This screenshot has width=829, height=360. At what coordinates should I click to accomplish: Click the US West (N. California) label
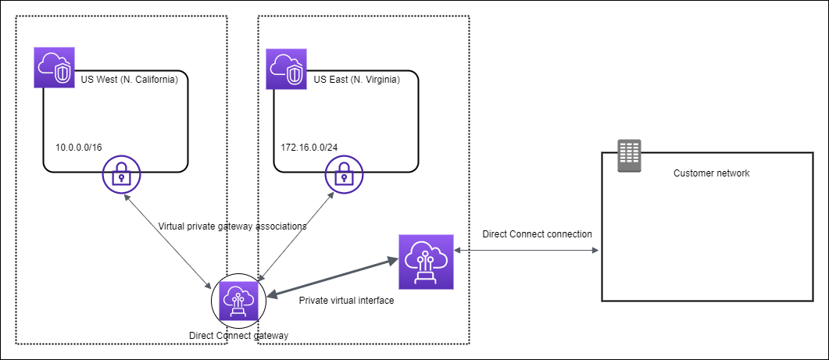(130, 80)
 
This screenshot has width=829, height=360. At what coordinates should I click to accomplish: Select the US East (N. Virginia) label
(356, 80)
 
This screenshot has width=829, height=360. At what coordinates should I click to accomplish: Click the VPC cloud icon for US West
(55, 69)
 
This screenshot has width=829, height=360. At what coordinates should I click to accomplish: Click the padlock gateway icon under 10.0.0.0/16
(121, 176)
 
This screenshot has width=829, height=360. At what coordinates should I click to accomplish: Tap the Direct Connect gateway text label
(239, 335)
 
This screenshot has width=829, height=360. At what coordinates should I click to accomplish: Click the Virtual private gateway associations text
(232, 226)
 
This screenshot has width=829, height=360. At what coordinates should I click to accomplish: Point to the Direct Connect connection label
(537, 233)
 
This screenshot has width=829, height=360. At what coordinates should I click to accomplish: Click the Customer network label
(711, 173)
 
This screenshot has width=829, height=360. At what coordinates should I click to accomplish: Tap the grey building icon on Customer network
(628, 156)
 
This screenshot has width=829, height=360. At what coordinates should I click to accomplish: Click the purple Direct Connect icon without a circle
(426, 261)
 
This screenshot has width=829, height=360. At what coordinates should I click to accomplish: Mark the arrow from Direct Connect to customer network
(527, 251)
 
